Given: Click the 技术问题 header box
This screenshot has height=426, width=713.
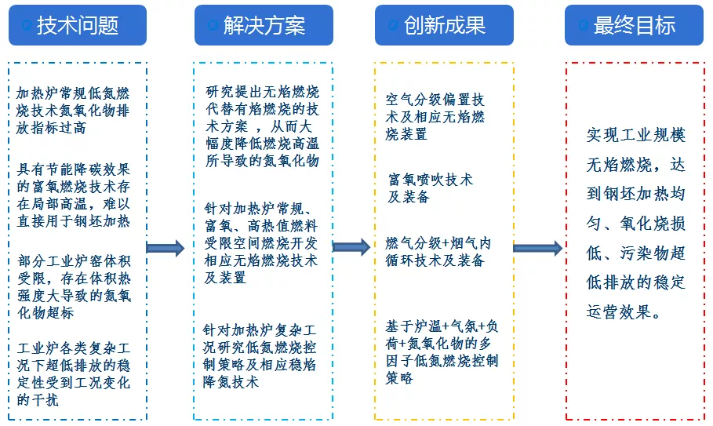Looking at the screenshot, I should pyautogui.click(x=78, y=25).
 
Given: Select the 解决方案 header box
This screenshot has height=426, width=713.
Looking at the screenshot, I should pyautogui.click(x=264, y=25).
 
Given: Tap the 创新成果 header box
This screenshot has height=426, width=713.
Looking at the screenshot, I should pyautogui.click(x=444, y=25).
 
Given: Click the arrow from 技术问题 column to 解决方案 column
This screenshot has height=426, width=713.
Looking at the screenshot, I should pyautogui.click(x=166, y=249).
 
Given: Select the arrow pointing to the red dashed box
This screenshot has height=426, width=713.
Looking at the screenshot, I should pyautogui.click(x=537, y=248).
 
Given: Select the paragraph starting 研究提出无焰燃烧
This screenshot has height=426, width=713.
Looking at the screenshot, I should pyautogui.click(x=262, y=126).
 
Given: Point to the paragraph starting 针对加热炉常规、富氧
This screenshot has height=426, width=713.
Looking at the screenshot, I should pyautogui.click(x=262, y=242).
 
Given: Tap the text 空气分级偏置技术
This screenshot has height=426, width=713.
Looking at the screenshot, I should pyautogui.click(x=435, y=117).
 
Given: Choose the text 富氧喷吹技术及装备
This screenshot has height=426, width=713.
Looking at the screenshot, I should pyautogui.click(x=431, y=188).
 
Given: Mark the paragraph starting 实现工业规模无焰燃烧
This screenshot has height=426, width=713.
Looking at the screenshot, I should pyautogui.click(x=635, y=224).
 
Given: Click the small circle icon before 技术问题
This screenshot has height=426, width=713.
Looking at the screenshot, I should pyautogui.click(x=27, y=26).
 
